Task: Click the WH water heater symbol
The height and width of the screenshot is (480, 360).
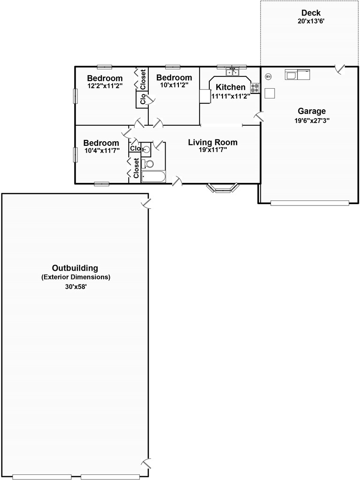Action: click(268, 76)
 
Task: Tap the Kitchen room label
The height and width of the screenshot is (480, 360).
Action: click(230, 87)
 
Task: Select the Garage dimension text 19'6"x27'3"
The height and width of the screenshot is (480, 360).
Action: click(312, 121)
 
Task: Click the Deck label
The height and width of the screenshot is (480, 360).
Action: click(311, 13)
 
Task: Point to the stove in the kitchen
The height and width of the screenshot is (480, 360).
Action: click(255, 88)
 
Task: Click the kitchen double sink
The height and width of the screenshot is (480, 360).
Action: click(232, 72)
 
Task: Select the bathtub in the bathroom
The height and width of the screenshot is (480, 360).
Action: click(153, 177)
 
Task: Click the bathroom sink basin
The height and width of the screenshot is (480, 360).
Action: click(146, 150)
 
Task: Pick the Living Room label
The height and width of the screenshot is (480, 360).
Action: click(213, 142)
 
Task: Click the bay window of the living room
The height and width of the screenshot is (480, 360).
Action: click(222, 188)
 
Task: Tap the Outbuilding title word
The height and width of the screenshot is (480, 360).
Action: click(75, 268)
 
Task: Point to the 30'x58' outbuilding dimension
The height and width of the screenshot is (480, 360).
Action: click(76, 287)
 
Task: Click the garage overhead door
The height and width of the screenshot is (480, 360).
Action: click(310, 203)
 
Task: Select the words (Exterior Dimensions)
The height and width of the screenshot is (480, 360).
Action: click(76, 277)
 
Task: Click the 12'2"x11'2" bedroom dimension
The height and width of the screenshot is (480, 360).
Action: click(105, 86)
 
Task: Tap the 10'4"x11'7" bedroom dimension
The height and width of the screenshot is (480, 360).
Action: click(102, 150)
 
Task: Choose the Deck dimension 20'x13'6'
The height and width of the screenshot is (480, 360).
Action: click(311, 22)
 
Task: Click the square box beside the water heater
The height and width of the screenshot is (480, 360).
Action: click(270, 93)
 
